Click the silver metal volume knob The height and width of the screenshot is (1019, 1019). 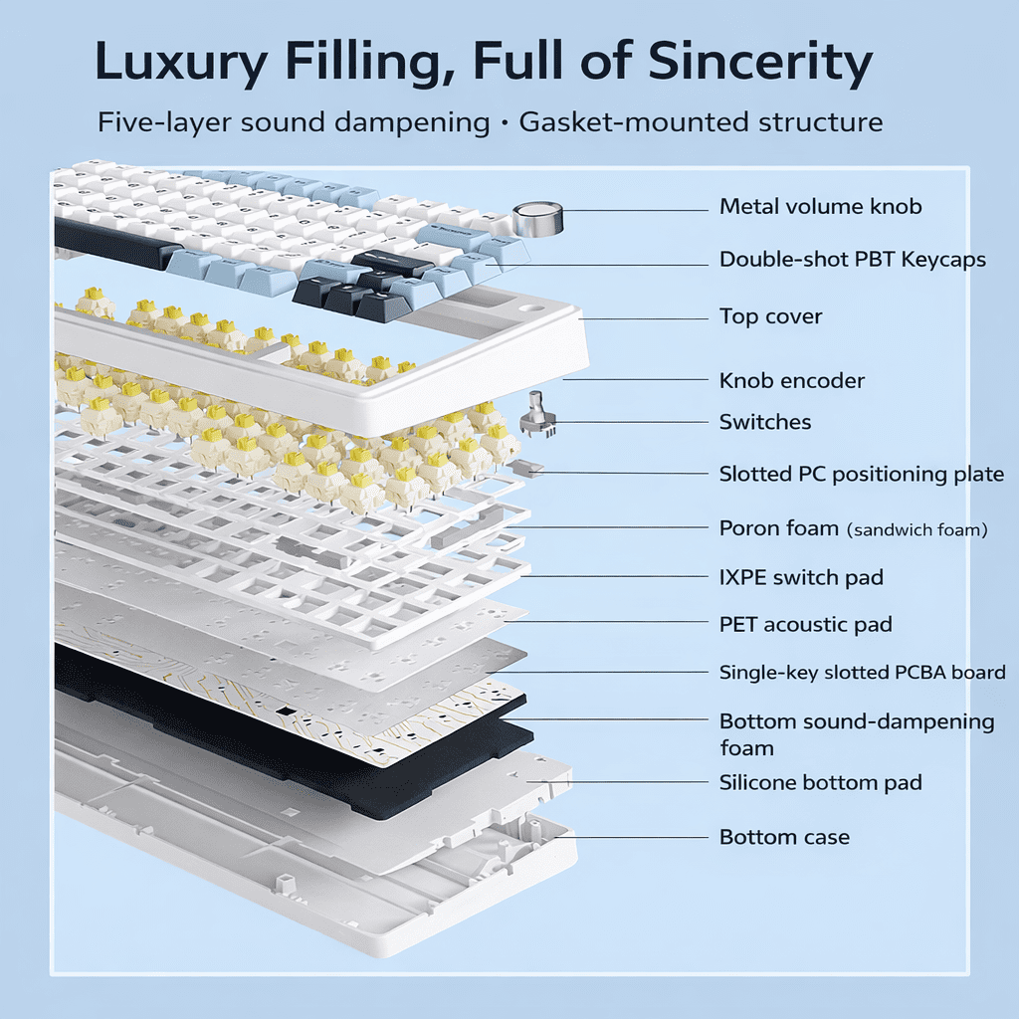point(537,218)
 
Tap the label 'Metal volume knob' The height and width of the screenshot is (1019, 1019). point(820,207)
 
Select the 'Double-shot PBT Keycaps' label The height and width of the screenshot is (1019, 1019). point(852,260)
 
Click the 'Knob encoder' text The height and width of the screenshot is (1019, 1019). point(791,380)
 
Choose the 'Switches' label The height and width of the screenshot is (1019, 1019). point(764,422)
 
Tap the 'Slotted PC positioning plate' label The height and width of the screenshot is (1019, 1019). point(861,474)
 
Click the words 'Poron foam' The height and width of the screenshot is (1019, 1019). point(778,527)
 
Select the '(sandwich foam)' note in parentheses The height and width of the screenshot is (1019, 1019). point(917,530)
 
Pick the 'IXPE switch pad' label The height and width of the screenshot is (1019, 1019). point(801,577)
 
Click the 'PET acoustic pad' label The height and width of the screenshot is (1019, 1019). point(805,625)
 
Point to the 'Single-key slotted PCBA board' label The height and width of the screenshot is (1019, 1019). point(862,673)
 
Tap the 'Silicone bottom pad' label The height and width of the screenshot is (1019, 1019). point(820,782)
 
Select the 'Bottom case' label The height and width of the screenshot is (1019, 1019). point(784,837)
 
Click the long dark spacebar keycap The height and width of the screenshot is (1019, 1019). point(117,244)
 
